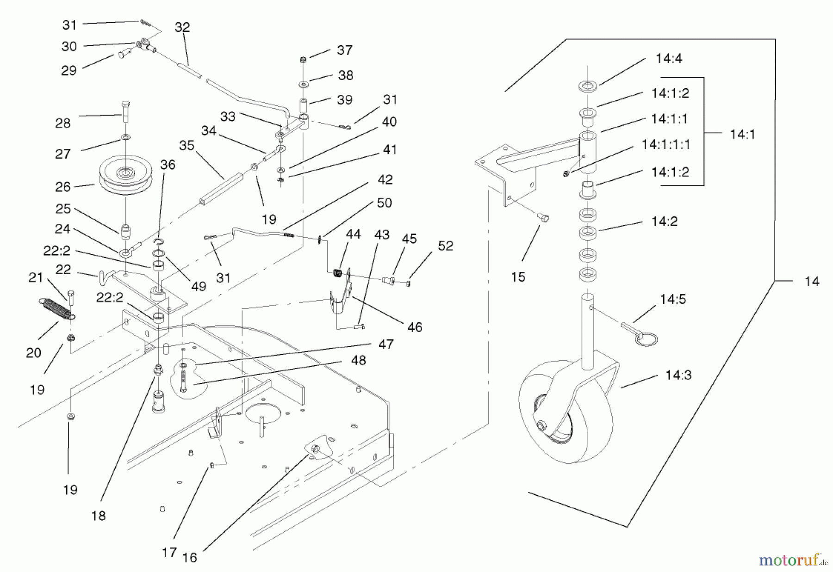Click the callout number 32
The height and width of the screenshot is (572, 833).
click(182, 27)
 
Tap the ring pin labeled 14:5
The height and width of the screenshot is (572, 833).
click(641, 334)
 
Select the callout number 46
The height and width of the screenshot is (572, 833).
click(415, 327)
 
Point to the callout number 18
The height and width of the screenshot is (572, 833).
click(99, 516)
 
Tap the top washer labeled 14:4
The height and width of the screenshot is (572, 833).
click(587, 86)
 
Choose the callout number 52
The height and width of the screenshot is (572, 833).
click(445, 246)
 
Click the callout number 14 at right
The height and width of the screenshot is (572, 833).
click(812, 281)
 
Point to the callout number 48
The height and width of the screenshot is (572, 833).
click(359, 360)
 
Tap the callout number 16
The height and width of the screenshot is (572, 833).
click(189, 558)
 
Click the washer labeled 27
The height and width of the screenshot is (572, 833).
click(125, 137)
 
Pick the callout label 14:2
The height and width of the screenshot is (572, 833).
click(664, 221)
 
